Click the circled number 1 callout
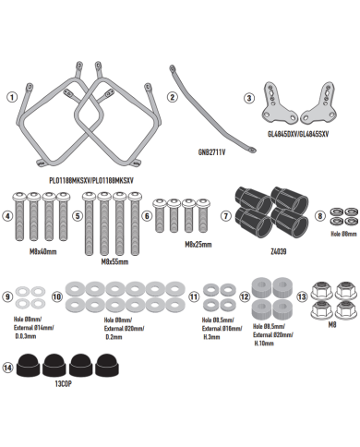click(10, 96)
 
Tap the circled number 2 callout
click(172, 96)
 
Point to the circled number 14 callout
click(10, 366)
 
